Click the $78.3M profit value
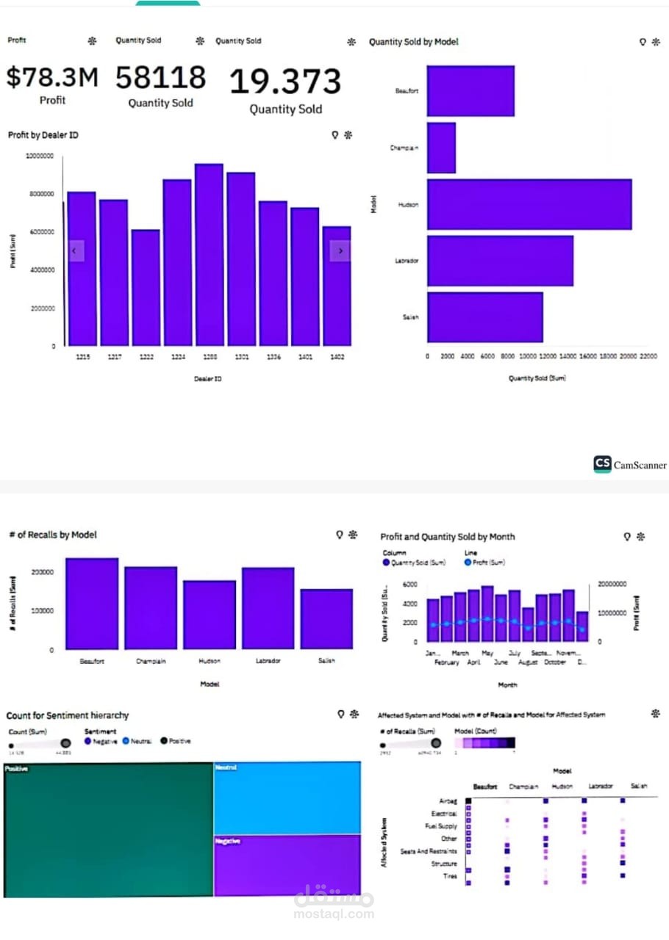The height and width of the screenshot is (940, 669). point(51,77)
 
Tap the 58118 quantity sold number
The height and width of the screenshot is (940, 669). point(160,77)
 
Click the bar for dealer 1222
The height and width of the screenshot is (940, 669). point(146,288)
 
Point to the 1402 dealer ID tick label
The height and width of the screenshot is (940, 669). point(336,358)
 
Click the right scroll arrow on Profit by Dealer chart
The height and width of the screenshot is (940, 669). point(340,251)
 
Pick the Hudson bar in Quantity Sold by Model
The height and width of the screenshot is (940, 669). point(529,204)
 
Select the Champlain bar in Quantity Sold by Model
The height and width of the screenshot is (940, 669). point(441,148)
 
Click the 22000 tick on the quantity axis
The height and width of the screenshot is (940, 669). point(648,356)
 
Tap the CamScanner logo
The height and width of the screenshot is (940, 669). point(630,464)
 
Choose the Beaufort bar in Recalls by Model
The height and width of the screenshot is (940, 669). point(92,604)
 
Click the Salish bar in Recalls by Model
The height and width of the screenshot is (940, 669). point(326,619)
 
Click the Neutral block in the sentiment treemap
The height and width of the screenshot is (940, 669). point(287,798)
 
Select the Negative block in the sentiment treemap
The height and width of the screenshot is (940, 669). point(287,865)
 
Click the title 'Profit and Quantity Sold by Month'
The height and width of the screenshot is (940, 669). point(447,537)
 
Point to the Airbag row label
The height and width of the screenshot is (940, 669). point(448,801)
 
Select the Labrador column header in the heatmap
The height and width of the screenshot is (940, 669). point(600,787)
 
